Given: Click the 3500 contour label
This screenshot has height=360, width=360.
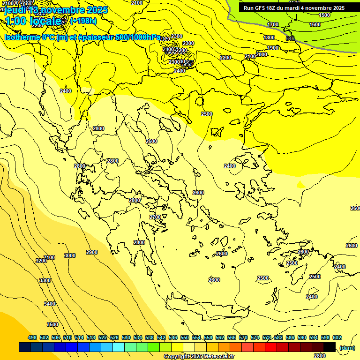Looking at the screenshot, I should pyautogui.click(x=52, y=324).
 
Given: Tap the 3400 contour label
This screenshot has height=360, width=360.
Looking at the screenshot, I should pyautogui.click(x=50, y=304).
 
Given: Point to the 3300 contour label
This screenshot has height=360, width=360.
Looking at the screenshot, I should pyautogui.click(x=45, y=280).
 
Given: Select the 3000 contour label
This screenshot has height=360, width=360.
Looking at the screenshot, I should pyautogui.click(x=70, y=255).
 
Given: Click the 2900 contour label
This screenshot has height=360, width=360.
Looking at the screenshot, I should pyautogui.click(x=92, y=252).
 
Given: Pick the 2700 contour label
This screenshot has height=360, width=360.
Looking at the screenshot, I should pyautogui.click(x=155, y=217).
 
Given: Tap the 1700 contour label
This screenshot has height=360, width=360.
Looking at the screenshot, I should pyautogui.click(x=273, y=24).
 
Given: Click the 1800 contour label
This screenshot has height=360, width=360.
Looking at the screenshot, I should pyautogui.click(x=269, y=37).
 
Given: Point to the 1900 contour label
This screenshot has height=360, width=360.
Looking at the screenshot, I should pyautogui.click(x=273, y=48).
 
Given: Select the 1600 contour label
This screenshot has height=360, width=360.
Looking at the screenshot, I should pyautogui.click(x=315, y=24).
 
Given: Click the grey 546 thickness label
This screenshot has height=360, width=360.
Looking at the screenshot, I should pyautogui.click(x=290, y=38).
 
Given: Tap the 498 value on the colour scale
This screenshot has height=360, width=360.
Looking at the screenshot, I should pyautogui.click(x=32, y=337).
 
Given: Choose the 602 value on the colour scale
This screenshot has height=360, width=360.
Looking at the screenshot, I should pyautogui.click(x=337, y=337).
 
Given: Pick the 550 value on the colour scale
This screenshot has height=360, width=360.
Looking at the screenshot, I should pyautogui.click(x=185, y=337).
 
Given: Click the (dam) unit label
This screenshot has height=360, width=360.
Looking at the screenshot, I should pyautogui.click(x=347, y=347).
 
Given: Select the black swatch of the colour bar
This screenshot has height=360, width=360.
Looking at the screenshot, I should pyautogui.click(x=330, y=347).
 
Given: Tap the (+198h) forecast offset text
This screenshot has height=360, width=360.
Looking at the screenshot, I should pyautogui.click(x=83, y=21).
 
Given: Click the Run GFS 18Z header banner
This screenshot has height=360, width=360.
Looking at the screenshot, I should pyautogui.click(x=294, y=8).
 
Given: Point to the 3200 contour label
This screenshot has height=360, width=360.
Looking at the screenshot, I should pyautogui.click(x=41, y=260).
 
